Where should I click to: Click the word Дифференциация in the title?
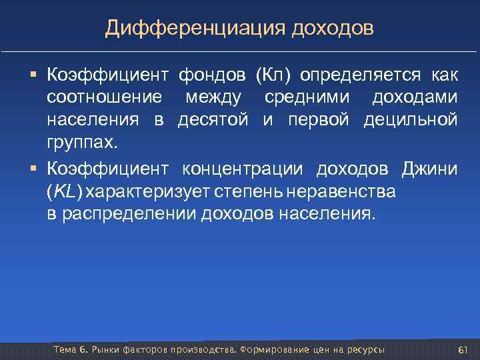[x=193, y=28]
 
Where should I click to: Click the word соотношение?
[x=104, y=97]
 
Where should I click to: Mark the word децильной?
[x=419, y=120]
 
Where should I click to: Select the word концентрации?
[x=242, y=168]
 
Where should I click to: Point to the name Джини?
[x=429, y=168]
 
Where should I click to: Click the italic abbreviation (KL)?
[x=65, y=192]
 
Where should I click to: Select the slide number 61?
[x=463, y=350]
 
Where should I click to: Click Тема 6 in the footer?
[x=69, y=350]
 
